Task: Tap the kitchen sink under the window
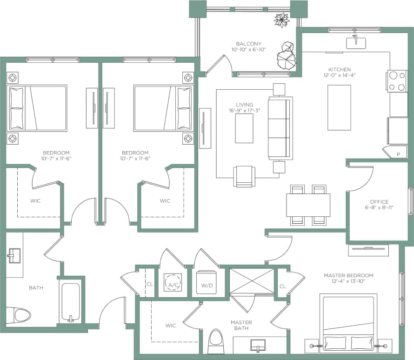pos(356,43)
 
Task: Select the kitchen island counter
pos(339,107)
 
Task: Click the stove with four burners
pos(396,81)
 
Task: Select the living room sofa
pos(280,128)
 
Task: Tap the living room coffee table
pos(244,128)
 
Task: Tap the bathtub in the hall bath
pos(71,302)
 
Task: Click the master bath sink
pos(257,346)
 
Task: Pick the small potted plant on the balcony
pos(281,20)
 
